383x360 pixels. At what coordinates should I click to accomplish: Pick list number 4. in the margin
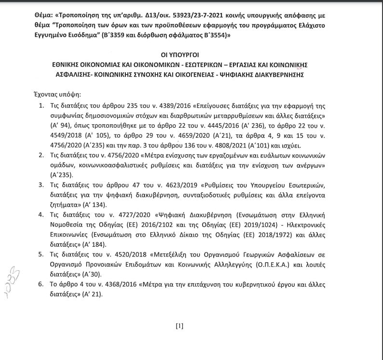40,214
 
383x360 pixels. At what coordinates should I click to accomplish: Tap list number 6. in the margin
40,285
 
